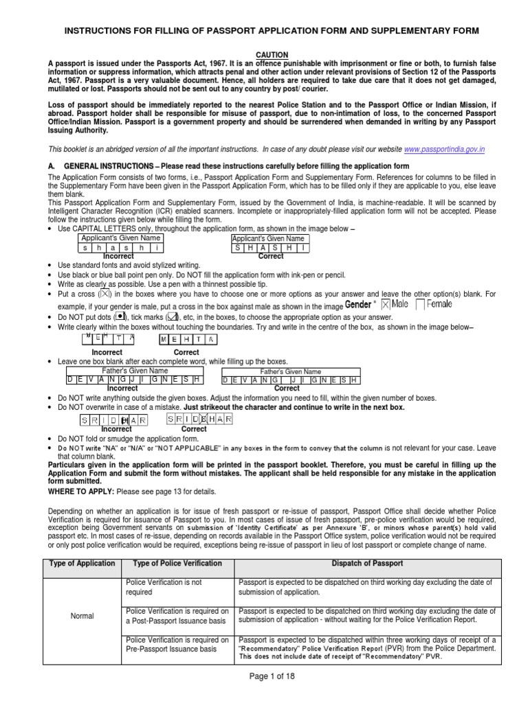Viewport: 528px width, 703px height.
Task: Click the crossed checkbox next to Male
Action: pyautogui.click(x=386, y=304)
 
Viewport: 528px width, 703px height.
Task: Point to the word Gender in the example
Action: pyautogui.click(x=357, y=304)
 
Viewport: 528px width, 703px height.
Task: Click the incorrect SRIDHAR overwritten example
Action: pyautogui.click(x=107, y=419)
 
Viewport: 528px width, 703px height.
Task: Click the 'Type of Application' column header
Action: pyautogui.click(x=82, y=563)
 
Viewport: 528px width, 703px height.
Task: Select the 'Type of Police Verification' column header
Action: pyautogui.click(x=177, y=563)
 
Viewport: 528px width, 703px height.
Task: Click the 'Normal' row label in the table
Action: pyautogui.click(x=82, y=616)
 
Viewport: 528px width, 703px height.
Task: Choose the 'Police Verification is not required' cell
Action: pyautogui.click(x=164, y=587)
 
